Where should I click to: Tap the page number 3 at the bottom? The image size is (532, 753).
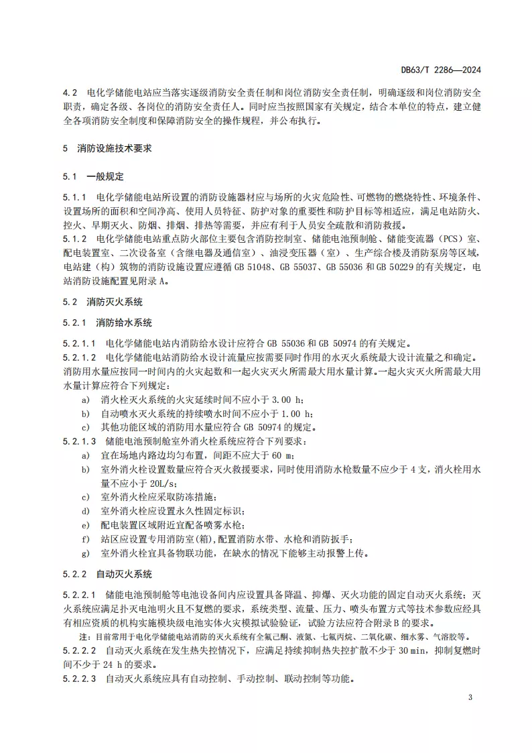point(470,697)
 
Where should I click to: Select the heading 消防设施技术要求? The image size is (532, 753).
point(114,148)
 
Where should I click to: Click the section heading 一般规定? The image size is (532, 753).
point(105,177)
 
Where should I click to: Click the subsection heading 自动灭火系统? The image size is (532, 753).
point(124,574)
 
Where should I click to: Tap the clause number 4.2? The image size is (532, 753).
point(70,91)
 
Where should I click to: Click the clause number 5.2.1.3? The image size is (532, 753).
point(80,441)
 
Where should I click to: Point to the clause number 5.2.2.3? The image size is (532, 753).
point(80,679)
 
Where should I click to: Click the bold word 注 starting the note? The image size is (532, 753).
point(83,636)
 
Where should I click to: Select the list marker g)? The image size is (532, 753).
point(85,553)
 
